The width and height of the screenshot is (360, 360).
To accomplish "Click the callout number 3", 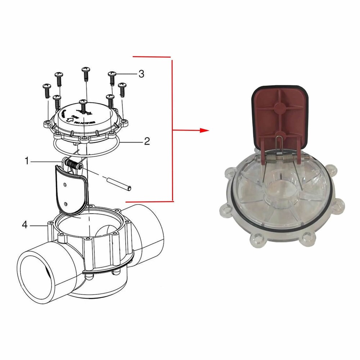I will tap(141, 74).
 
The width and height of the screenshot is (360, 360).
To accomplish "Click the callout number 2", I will tap(147, 141).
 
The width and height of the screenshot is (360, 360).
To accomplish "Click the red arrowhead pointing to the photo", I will tap(204, 130).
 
